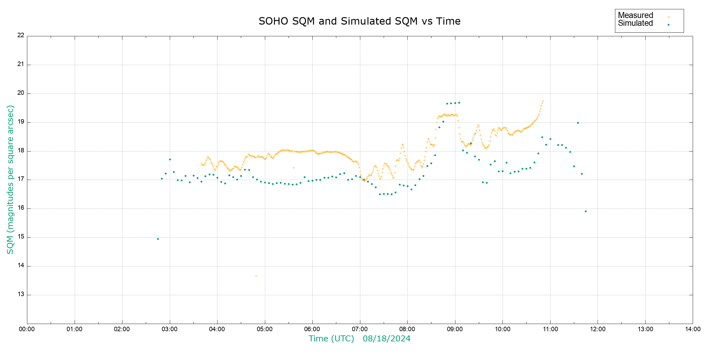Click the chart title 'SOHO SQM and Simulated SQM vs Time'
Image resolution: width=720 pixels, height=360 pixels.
[359, 21]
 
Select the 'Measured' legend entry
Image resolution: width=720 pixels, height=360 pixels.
[635, 15]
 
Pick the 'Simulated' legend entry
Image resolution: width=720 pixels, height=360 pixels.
[635, 23]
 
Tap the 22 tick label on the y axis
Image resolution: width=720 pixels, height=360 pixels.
[21, 35]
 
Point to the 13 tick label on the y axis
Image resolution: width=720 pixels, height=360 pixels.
[21, 294]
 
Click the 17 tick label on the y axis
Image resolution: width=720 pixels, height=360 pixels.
[21, 179]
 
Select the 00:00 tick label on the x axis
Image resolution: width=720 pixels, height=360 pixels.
[27, 329]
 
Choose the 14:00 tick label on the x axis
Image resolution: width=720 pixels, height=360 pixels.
[693, 329]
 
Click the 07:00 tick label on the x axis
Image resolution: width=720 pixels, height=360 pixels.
[360, 329]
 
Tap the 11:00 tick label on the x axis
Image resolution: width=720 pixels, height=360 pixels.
[550, 329]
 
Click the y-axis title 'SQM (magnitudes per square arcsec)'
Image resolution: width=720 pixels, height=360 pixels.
[10, 179]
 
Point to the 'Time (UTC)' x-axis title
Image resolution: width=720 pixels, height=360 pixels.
[331, 339]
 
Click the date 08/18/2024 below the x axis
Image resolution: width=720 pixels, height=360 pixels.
[386, 339]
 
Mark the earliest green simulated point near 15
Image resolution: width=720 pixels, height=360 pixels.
[158, 239]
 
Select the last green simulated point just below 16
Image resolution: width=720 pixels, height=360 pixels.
[586, 211]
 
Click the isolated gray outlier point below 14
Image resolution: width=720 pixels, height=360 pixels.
[256, 276]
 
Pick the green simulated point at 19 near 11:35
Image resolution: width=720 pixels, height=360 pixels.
[578, 123]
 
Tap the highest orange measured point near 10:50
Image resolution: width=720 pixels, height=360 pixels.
[543, 101]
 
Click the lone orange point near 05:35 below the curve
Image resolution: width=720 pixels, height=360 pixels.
[293, 168]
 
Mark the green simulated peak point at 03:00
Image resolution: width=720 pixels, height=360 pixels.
[170, 160]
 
